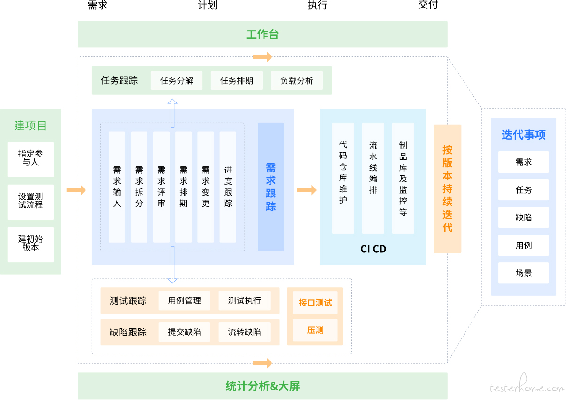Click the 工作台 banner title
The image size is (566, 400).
click(x=262, y=34)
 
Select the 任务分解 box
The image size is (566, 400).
click(x=176, y=80)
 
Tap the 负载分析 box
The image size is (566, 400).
click(x=297, y=80)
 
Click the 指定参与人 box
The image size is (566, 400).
click(x=31, y=159)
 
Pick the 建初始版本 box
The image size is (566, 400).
click(x=31, y=244)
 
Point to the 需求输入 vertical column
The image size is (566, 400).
click(x=117, y=187)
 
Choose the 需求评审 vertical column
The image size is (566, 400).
click(x=161, y=187)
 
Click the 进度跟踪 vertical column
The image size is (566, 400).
click(x=228, y=187)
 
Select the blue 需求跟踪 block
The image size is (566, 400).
click(x=271, y=187)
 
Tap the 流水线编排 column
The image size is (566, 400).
click(x=373, y=178)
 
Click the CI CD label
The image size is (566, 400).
click(x=373, y=249)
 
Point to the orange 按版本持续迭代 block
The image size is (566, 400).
click(x=448, y=188)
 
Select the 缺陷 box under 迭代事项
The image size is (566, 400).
click(x=524, y=218)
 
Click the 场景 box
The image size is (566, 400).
click(x=524, y=273)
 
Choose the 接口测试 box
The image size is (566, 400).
click(x=315, y=303)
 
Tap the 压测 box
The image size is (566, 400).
click(x=315, y=330)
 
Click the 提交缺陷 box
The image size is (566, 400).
click(x=185, y=332)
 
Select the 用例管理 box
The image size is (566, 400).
click(x=185, y=301)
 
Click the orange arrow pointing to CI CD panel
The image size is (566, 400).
click(x=307, y=190)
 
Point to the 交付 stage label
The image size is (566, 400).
click(x=428, y=5)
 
